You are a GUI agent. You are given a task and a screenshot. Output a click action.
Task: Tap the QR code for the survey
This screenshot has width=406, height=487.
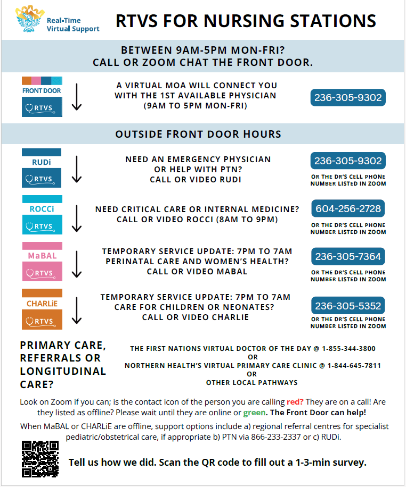tap(40, 459)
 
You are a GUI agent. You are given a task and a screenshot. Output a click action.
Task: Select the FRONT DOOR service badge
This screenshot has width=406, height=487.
tap(42, 97)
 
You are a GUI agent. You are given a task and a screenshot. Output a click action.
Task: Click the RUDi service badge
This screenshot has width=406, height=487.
tap(42, 168)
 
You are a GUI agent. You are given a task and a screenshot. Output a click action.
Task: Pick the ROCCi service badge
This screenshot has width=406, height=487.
tap(42, 215)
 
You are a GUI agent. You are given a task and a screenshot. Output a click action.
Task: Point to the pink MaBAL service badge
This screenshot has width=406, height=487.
tap(42, 262)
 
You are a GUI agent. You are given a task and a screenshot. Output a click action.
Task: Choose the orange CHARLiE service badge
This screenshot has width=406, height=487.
tap(42, 309)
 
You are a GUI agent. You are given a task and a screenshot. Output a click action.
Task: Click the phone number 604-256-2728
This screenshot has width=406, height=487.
tap(348, 208)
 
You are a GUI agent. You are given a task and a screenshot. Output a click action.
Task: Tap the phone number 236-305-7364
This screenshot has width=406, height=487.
tap(348, 257)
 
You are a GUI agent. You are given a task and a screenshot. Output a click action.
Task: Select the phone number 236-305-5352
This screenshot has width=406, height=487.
tap(348, 306)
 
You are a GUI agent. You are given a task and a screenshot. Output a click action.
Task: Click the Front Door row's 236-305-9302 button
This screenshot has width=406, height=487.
tap(348, 98)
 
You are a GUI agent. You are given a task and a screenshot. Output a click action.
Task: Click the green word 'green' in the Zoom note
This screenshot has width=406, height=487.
tap(255, 413)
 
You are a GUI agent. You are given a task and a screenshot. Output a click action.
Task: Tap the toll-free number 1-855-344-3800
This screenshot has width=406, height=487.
tap(348, 349)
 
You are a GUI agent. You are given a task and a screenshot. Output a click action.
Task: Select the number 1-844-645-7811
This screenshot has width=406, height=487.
tap(354, 365)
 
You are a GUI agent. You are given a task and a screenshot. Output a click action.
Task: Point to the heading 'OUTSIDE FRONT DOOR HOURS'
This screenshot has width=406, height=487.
tap(198, 134)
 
